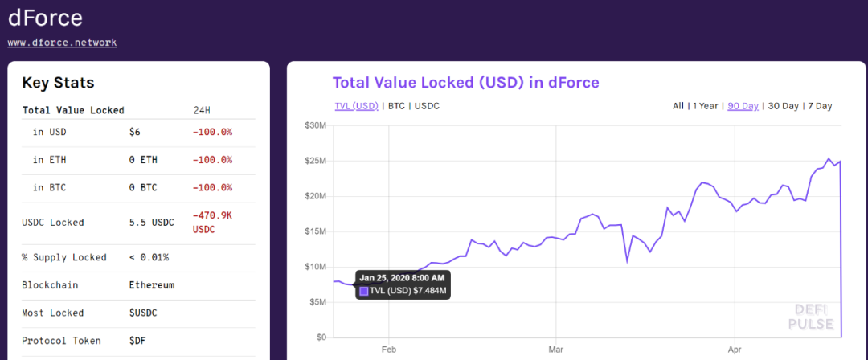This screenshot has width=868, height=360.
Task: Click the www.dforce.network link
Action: click(62, 43)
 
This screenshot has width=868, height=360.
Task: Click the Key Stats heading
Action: click(58, 83)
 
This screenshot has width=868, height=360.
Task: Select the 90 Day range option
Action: click(743, 106)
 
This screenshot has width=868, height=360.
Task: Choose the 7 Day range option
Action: click(820, 106)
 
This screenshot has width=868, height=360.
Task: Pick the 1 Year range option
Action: click(705, 106)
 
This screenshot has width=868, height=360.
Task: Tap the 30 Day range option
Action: click(784, 106)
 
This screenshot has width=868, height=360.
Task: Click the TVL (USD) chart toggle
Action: click(356, 106)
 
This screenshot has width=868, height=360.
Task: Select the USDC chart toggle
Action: click(427, 106)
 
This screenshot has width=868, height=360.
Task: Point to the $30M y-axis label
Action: click(315, 125)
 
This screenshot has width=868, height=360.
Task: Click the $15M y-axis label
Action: click(315, 231)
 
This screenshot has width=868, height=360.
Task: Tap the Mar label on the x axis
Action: click(555, 350)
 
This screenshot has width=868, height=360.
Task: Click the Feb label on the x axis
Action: click(388, 350)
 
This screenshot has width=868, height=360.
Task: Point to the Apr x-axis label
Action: click(734, 350)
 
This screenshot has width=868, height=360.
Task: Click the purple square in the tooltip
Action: click(364, 291)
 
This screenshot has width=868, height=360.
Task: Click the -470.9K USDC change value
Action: click(213, 222)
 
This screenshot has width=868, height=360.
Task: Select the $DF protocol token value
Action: click(137, 341)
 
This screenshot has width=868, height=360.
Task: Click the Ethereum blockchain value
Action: click(151, 285)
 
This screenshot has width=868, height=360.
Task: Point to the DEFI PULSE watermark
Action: click(810, 316)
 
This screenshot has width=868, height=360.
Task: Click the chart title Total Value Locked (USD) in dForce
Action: click(465, 83)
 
